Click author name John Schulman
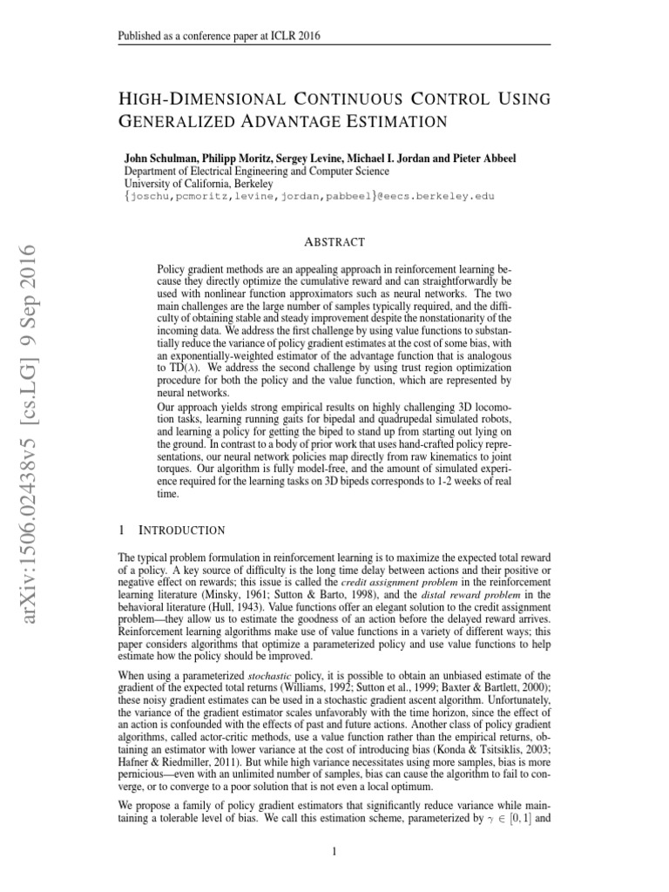click(161, 160)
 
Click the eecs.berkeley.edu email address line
click(310, 196)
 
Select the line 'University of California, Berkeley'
click(199, 184)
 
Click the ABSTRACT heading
click(334, 242)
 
